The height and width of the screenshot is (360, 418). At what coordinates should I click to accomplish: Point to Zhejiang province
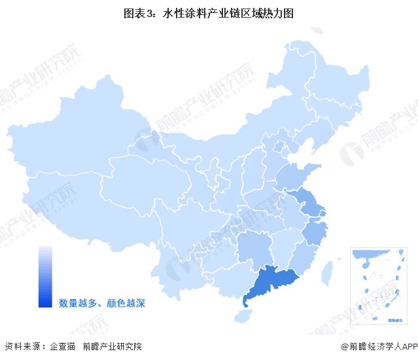click(316, 232)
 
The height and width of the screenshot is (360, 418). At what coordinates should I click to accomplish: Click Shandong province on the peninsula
click(298, 175)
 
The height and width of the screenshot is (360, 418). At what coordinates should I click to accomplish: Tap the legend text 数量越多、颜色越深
click(101, 302)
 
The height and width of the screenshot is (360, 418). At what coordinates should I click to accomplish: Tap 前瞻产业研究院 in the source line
click(113, 346)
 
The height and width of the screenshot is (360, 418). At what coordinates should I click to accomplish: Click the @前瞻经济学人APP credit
click(378, 346)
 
